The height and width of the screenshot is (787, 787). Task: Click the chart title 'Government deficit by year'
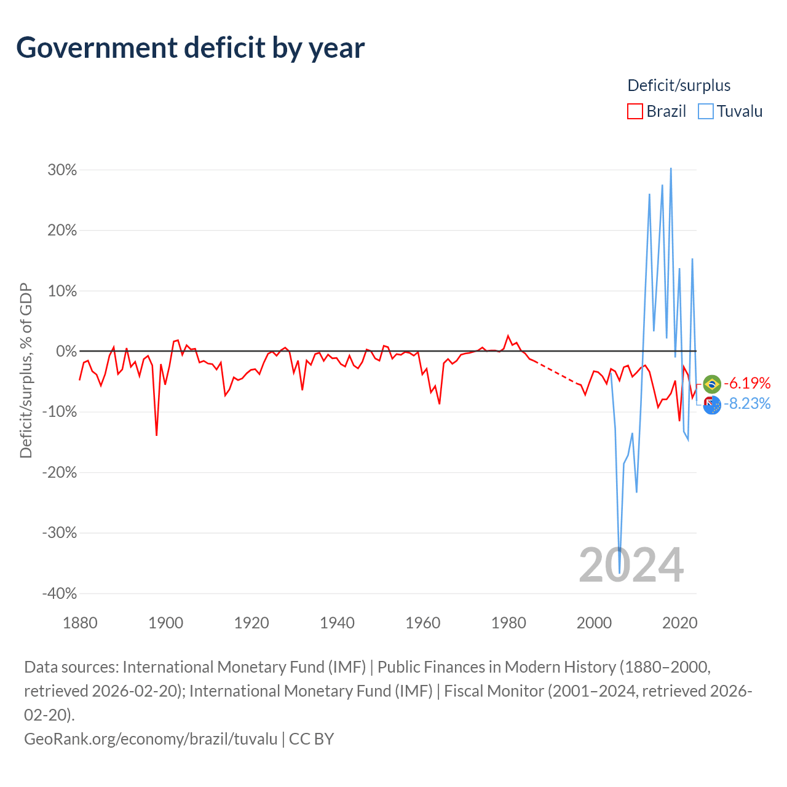[x=190, y=48]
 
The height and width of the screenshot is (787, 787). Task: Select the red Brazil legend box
[x=635, y=111]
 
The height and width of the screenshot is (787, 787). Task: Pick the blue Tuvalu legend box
[x=705, y=111]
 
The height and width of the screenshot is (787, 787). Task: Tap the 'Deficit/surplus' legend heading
[x=679, y=85]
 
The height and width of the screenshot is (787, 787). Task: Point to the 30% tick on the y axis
[x=62, y=170]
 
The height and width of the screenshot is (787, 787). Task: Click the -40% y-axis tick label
[x=60, y=593]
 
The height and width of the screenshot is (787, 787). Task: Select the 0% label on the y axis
[x=66, y=351]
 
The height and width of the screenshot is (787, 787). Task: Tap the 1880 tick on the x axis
[x=80, y=623]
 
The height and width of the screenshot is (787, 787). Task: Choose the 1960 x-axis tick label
[x=422, y=623]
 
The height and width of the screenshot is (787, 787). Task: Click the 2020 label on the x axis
[x=679, y=623]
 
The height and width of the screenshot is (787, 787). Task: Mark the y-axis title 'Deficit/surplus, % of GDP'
[x=26, y=370]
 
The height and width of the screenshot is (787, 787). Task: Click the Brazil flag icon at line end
[x=712, y=384]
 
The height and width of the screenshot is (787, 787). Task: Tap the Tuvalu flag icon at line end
[x=712, y=405]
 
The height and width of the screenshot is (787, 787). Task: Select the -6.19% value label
[x=747, y=383]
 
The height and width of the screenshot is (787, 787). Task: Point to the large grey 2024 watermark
[x=631, y=565]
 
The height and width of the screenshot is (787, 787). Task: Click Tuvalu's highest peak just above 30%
[x=671, y=168]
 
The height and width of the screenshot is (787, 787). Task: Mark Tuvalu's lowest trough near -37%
[x=619, y=573]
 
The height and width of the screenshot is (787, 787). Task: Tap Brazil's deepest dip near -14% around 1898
[x=156, y=435]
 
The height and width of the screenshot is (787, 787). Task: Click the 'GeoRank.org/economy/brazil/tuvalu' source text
[x=151, y=739]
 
